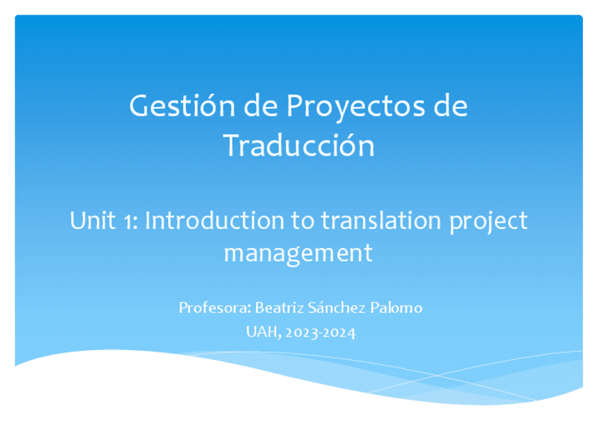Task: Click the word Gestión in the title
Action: tap(182, 106)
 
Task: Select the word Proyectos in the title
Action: tap(356, 108)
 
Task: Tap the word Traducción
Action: tap(299, 145)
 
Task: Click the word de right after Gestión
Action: tap(260, 106)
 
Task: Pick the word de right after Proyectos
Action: tap(451, 106)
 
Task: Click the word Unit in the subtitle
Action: tap(92, 220)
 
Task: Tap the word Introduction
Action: tap(214, 220)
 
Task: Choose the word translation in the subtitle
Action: tap(381, 220)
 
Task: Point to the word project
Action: tap(489, 223)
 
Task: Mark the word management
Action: tap(298, 254)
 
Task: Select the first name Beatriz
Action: tap(279, 307)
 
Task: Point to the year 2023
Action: tap(302, 332)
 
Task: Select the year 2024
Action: tap(339, 332)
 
